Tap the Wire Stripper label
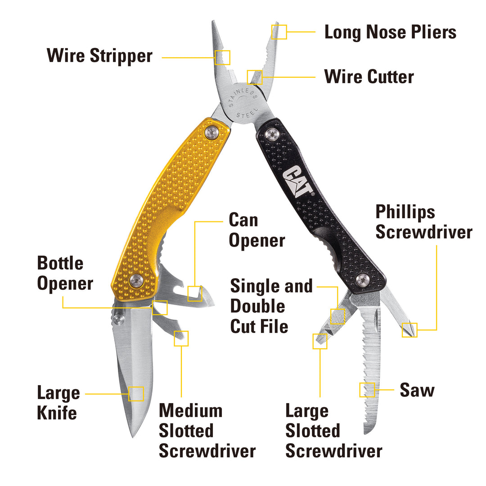coord(99,57)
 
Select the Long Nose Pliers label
coord(390,32)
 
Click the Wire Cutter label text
coord(369,76)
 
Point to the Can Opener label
coord(256,230)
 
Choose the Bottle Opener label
coord(65,273)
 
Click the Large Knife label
coord(58,403)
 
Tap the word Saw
coord(417,390)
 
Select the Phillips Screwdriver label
coord(423,222)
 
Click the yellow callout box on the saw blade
coord(367,390)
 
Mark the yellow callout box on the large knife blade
coord(136,394)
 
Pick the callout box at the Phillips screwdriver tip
coord(409,330)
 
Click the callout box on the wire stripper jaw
coord(223,57)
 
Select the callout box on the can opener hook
coord(195,293)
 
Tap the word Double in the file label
coord(258,306)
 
